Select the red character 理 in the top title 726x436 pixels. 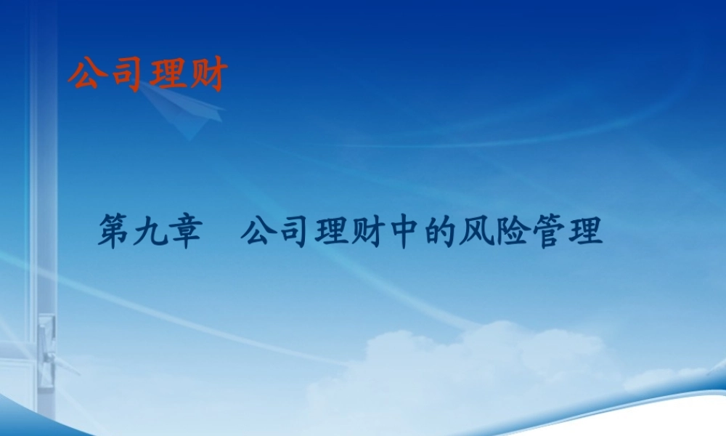point(166,74)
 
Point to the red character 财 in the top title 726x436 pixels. point(208,74)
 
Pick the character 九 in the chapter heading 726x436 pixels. point(151,234)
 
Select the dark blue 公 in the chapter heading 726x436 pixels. point(258,234)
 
